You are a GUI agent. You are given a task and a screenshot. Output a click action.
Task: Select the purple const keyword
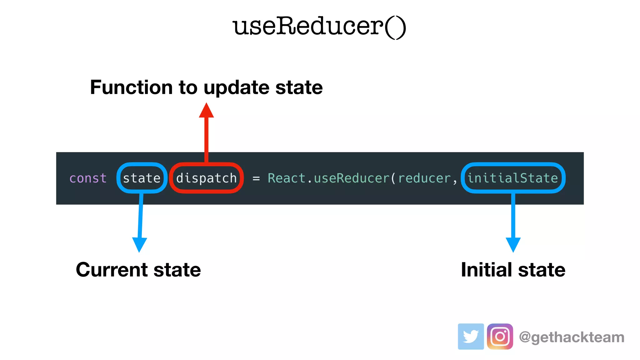(x=88, y=178)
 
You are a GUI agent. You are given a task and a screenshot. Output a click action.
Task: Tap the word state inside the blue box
(x=142, y=178)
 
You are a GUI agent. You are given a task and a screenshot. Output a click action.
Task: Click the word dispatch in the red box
(x=206, y=178)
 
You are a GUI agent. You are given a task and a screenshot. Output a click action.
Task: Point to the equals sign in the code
(x=256, y=178)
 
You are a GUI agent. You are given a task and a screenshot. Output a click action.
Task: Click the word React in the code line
(x=286, y=178)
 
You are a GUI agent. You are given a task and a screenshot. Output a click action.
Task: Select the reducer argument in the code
(x=424, y=178)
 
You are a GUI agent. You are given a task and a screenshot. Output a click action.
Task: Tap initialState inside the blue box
(x=512, y=178)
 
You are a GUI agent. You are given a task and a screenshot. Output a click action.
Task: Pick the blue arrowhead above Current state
(x=139, y=244)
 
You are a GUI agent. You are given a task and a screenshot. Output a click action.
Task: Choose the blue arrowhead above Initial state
(x=513, y=244)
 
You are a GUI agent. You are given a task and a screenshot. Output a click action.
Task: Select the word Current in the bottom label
(x=112, y=270)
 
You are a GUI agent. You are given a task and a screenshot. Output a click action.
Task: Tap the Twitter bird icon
(x=471, y=336)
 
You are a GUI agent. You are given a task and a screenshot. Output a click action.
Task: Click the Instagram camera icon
(x=500, y=336)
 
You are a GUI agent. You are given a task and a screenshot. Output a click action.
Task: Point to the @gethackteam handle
(x=572, y=337)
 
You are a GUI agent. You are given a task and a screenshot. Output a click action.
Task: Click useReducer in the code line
(x=352, y=178)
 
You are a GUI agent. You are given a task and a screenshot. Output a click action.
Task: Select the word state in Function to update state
(x=299, y=87)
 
